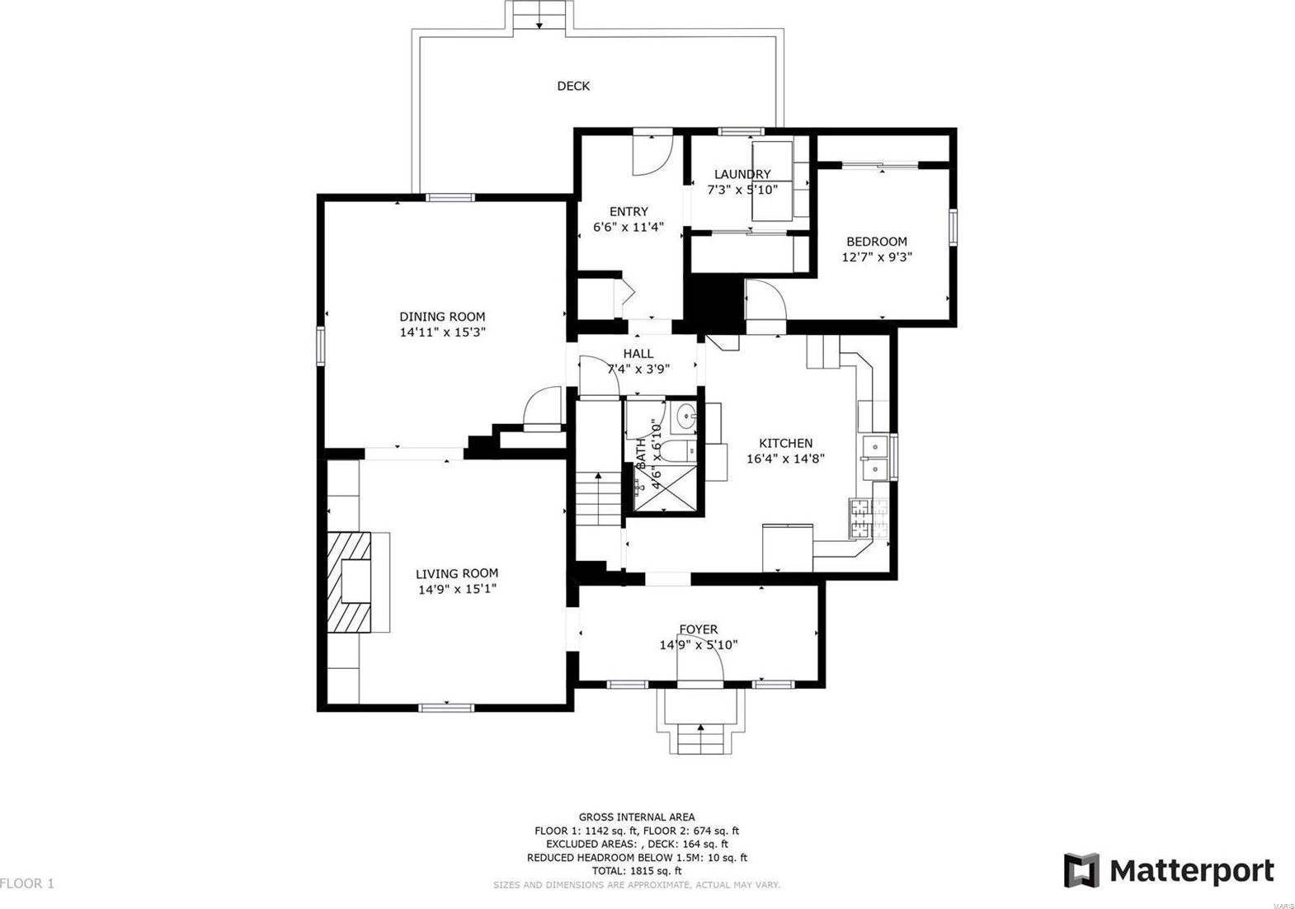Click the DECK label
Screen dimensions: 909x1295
573,86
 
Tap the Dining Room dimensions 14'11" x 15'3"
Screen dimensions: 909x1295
442,332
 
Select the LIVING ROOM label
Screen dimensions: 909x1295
456,573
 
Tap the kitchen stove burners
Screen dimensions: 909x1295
860,517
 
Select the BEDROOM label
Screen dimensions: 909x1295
876,242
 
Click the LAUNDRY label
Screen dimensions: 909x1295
742,174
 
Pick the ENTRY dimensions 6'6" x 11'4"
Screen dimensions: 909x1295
629,227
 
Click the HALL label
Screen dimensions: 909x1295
638,354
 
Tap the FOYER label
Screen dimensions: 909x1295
698,629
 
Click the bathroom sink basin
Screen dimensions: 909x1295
684,420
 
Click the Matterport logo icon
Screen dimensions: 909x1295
1081,870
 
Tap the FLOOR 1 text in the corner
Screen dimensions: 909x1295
27,883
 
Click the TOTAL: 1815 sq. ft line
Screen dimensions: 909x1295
636,870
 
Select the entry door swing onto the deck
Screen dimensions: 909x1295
652,155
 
